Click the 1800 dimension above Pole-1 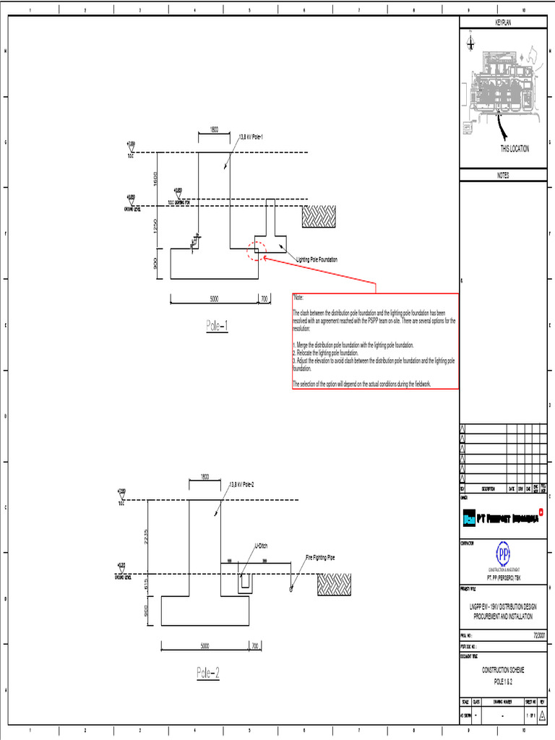tap(215, 129)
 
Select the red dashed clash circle tap(257, 250)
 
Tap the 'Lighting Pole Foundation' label tap(317, 259)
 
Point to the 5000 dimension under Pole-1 tap(214, 297)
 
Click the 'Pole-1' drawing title tap(217, 326)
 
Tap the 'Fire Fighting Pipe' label tap(320, 557)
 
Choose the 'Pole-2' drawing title tap(207, 673)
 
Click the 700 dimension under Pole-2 tap(254, 645)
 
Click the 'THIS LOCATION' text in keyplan tap(515, 149)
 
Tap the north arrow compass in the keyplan tap(471, 43)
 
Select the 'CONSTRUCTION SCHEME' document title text tap(503, 670)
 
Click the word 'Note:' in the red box tap(298, 298)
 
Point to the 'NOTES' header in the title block tap(503, 175)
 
